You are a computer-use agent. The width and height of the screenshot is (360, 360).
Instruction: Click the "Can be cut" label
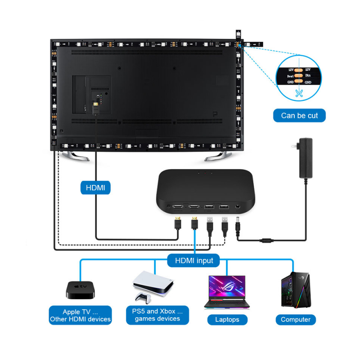(x=299, y=116)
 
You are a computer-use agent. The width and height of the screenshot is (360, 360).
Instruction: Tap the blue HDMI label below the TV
(x=95, y=187)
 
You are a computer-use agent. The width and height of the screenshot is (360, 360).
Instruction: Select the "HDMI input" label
(x=194, y=260)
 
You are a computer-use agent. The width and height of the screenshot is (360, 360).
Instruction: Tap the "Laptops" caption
(x=227, y=319)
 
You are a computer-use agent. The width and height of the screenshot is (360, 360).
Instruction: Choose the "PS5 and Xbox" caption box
(x=157, y=315)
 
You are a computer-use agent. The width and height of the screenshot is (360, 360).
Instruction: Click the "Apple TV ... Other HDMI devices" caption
(x=81, y=315)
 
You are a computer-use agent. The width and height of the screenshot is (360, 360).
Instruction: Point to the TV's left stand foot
(x=76, y=156)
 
